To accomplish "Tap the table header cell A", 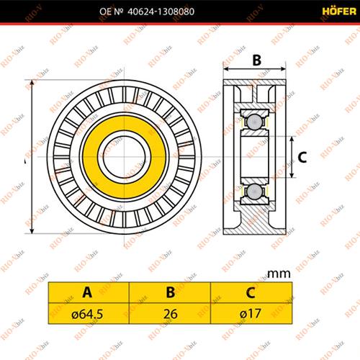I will [87, 292].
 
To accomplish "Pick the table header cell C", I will [249, 292].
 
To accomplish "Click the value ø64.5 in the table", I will [87, 313].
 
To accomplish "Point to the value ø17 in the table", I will [249, 313].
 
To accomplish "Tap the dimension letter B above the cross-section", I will [256, 61].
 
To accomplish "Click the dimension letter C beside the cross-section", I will [302, 156].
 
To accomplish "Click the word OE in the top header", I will [102, 12].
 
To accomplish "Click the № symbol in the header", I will [119, 12].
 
